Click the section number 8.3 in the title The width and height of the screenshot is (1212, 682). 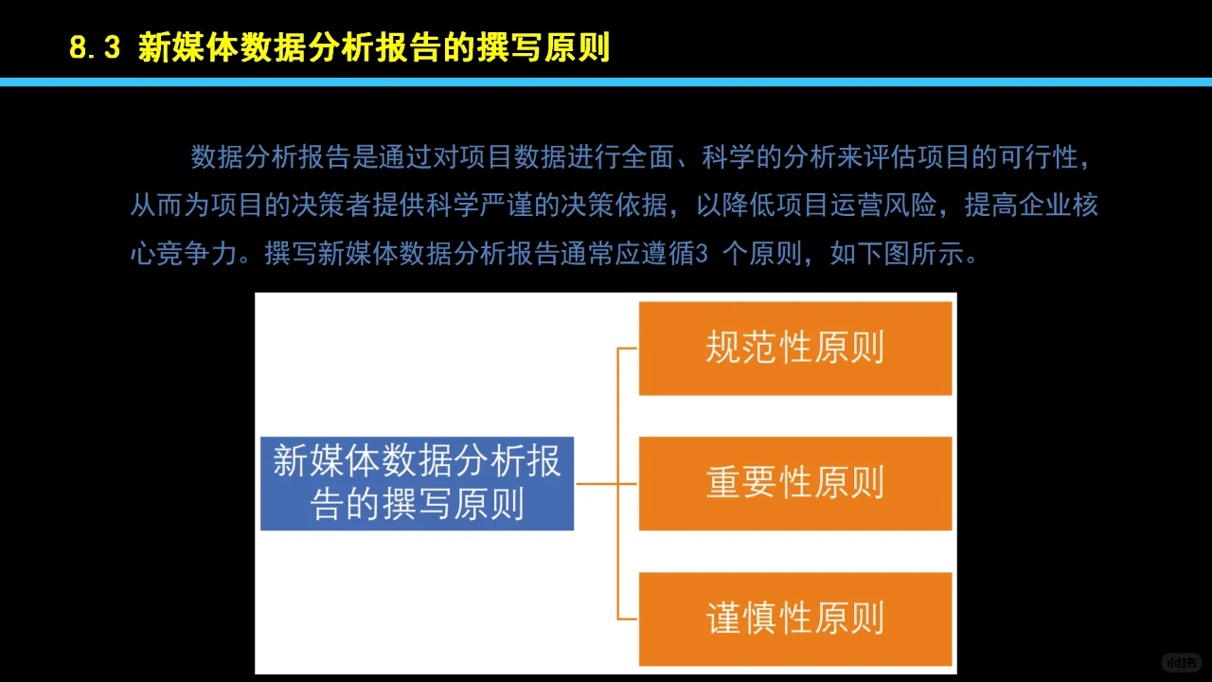(95, 47)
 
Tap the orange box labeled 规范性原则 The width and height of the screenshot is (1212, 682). (794, 348)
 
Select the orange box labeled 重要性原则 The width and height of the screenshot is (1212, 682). (794, 483)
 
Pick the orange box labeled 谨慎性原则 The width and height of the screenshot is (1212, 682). (794, 619)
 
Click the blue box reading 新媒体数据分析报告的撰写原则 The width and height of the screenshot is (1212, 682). (417, 483)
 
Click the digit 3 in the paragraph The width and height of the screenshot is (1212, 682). (702, 256)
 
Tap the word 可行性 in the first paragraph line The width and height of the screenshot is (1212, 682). (1039, 157)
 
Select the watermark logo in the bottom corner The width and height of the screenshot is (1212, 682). (1182, 662)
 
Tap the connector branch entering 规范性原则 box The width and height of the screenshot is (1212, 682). (629, 349)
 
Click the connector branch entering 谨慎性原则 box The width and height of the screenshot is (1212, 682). (629, 619)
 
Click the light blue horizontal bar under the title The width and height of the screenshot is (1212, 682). (606, 82)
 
